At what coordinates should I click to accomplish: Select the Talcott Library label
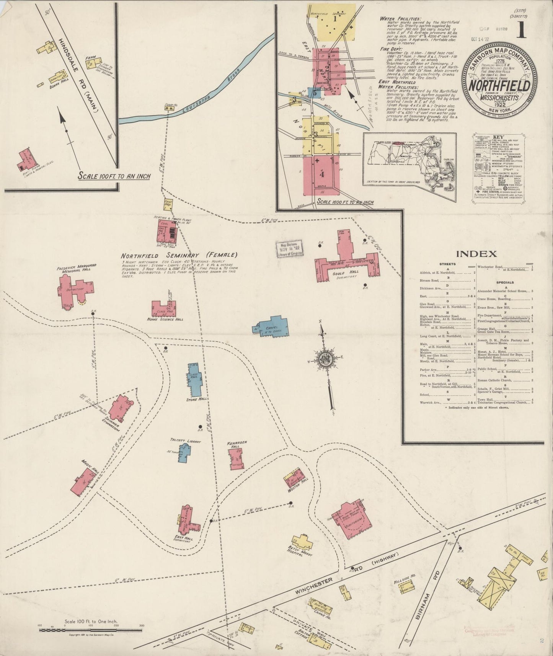186,441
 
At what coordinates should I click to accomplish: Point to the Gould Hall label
348,272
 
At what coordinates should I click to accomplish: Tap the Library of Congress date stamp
289,251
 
